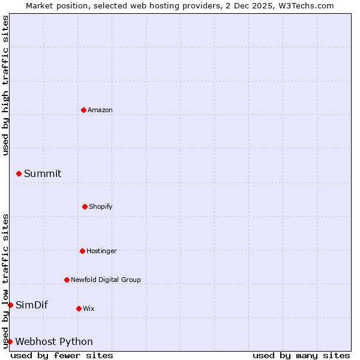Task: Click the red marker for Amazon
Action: pos(83,110)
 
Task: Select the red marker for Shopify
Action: pos(85,206)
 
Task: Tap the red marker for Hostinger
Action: pos(82,251)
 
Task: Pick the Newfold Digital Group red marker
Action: pos(67,280)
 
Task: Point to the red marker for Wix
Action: pos(79,308)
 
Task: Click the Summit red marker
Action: pos(19,173)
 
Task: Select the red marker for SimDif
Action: pos(10,305)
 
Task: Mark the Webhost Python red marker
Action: pos(10,341)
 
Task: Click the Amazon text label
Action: pos(100,110)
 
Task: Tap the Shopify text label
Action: pos(101,206)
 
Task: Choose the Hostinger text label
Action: pos(101,251)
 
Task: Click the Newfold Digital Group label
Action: pos(106,280)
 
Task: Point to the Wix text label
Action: pos(89,308)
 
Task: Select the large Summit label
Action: pos(43,173)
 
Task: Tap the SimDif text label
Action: pos(32,305)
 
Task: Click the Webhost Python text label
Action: pos(54,341)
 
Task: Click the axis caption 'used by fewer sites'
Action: pos(62,355)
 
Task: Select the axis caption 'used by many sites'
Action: pos(301,355)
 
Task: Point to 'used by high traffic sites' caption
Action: pos(5,85)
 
